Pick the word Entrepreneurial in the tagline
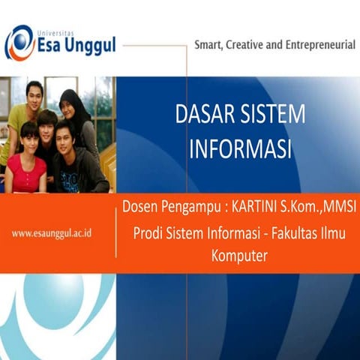point(322,45)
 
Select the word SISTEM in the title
point(273,114)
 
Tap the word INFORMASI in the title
point(240,148)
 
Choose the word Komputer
point(239,256)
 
